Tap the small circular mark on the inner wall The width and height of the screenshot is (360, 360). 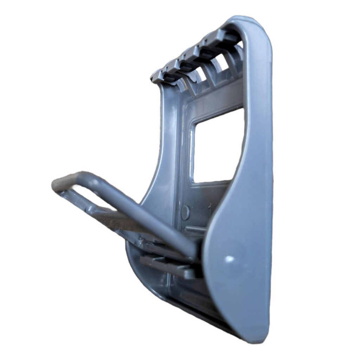pyautogui.click(x=185, y=212)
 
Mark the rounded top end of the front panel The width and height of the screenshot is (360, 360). pyautogui.click(x=246, y=21)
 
